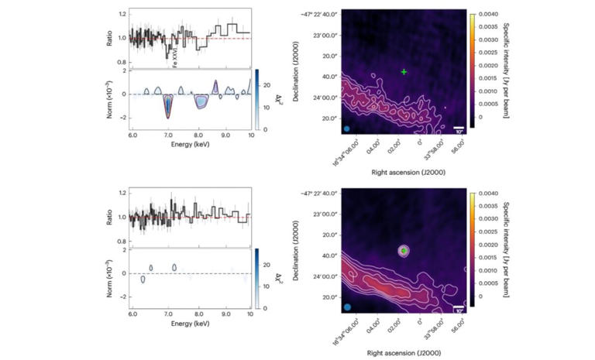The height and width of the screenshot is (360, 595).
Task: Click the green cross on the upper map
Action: tap(404, 71)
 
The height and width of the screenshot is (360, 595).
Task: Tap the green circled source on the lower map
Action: tap(403, 250)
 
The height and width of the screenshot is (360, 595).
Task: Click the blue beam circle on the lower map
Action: tap(347, 307)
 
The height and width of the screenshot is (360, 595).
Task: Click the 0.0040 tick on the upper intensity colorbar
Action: tap(490, 14)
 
